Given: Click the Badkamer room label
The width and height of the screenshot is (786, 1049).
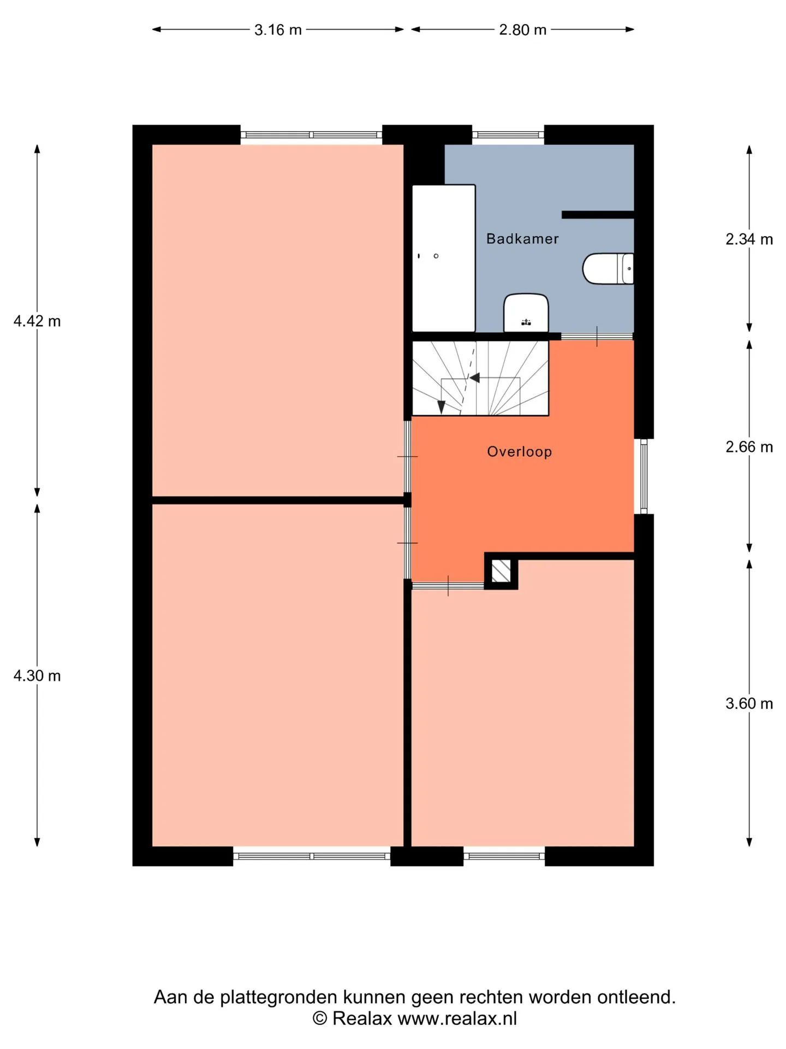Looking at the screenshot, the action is click(522, 239).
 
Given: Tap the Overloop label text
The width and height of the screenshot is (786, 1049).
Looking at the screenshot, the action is click(520, 452).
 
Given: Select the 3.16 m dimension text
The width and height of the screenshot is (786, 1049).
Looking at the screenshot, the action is click(278, 30).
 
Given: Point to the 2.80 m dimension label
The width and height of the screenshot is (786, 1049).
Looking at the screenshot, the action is click(522, 30).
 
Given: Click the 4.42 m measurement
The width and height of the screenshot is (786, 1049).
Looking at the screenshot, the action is click(37, 321).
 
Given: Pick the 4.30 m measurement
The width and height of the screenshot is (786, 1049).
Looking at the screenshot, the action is click(37, 676).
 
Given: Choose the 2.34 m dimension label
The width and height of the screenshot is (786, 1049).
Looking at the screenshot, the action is click(749, 239).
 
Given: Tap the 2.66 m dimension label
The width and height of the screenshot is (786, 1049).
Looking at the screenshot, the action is click(749, 447).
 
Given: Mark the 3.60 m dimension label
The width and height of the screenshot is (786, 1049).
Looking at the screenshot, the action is click(749, 704).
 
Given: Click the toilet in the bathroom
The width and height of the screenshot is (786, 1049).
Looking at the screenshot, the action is click(608, 268).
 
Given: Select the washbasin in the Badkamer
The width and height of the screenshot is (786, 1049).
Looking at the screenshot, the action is click(526, 313).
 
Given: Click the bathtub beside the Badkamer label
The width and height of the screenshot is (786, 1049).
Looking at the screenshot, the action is click(444, 258).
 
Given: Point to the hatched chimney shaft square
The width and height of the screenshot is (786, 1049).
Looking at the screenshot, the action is click(501, 571).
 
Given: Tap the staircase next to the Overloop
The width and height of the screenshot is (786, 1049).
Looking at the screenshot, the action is click(480, 378).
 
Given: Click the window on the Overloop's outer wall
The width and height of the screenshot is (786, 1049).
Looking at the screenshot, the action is click(644, 476).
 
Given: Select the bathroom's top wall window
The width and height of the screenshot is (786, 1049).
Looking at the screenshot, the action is click(508, 135).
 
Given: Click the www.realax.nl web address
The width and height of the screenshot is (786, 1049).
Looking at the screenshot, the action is click(457, 1018).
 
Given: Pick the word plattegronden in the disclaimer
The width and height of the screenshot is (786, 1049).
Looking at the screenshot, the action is click(279, 998).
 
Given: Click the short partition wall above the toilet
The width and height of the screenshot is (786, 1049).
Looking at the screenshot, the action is click(598, 215).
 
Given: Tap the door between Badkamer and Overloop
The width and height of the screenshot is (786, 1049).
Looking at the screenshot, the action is click(597, 337).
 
